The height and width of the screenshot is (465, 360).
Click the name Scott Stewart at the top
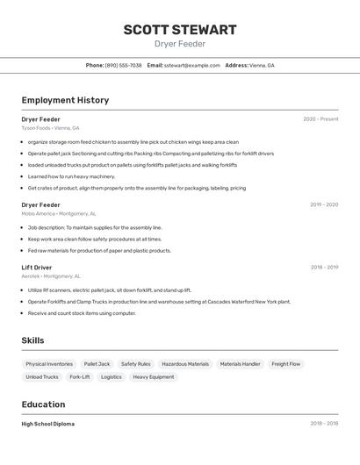179,30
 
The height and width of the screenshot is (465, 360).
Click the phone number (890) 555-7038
123,65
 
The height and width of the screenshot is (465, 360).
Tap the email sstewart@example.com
191,65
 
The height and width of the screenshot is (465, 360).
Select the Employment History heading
65,100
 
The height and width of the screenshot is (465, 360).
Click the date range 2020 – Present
320,119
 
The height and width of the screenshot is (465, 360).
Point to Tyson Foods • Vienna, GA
50,128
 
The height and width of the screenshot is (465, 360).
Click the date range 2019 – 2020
323,204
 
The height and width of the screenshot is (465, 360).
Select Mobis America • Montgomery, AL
59,213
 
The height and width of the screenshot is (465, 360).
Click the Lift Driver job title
37,267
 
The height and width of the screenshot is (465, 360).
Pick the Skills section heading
33,340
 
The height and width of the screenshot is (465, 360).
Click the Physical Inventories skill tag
49,364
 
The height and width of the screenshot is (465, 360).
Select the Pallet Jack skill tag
97,364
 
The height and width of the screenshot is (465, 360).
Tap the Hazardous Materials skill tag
185,364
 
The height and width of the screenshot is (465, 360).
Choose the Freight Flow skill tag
285,364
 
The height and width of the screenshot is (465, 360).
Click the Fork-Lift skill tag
79,377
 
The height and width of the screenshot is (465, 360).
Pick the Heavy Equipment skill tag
154,377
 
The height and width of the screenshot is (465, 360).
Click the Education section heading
43,404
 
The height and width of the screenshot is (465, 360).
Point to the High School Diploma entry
48,424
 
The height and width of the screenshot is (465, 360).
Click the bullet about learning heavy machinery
71,176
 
